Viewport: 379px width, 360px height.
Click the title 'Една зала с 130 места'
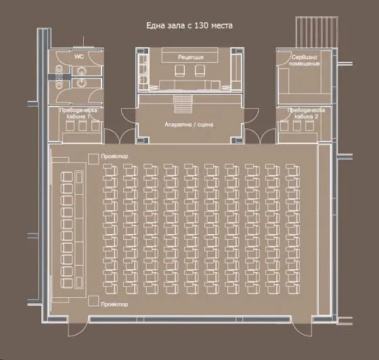189,25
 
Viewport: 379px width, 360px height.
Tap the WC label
79,57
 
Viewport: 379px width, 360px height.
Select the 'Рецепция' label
191,58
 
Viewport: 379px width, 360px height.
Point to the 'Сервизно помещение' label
305,60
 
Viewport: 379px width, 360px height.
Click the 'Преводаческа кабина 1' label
79,113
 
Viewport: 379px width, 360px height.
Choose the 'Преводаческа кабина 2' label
306,113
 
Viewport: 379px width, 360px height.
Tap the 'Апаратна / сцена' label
189,125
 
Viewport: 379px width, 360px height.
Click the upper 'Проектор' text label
114,156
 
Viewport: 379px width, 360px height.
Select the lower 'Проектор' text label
114,305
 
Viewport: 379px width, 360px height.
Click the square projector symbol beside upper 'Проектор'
93,159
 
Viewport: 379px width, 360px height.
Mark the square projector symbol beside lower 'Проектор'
93,301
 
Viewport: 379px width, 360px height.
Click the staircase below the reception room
183,104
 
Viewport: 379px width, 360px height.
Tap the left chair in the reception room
179,70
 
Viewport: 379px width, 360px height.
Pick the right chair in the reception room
200,70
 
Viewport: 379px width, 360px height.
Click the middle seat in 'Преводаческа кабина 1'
83,126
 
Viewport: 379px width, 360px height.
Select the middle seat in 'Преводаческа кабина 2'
297,126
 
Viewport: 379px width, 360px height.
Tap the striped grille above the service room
317,32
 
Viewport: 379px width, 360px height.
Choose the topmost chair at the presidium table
66,177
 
